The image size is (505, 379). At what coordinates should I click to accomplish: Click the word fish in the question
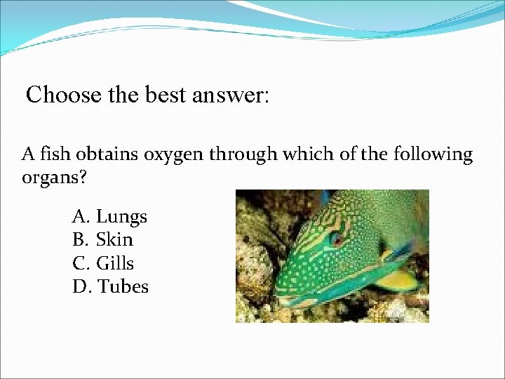(x=53, y=154)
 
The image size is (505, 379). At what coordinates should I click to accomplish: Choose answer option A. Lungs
(x=109, y=217)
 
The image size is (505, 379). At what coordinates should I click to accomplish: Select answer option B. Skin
(x=102, y=240)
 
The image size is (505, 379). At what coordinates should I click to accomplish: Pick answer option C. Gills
(x=103, y=263)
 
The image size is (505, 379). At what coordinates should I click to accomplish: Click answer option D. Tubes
(x=110, y=286)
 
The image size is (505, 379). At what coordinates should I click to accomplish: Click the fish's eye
(x=337, y=239)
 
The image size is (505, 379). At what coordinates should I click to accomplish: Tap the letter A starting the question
(x=28, y=154)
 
